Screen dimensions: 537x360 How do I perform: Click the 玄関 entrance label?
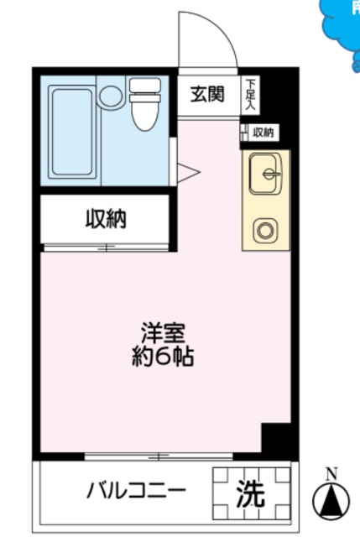coord(206,94)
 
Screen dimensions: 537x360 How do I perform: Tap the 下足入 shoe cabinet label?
coord(250,94)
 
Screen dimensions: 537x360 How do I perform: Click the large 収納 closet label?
coord(106,220)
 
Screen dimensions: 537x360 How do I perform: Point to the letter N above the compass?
coord(331,472)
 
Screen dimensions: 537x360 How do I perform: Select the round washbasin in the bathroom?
coord(109,95)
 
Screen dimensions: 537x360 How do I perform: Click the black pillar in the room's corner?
coord(274,439)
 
